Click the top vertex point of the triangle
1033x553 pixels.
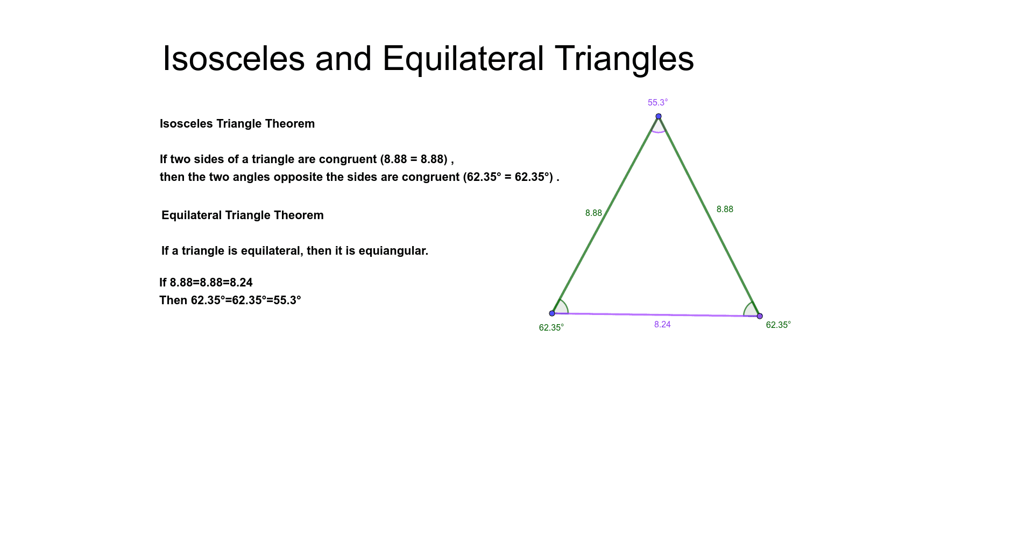click(x=659, y=116)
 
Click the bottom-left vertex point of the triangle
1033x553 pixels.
click(x=552, y=313)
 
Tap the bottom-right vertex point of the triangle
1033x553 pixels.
click(x=760, y=316)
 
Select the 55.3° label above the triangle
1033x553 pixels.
click(x=657, y=102)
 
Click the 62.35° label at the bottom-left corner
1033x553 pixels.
click(x=551, y=327)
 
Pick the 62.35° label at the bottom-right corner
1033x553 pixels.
click(x=778, y=325)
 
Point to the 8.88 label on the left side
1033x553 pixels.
click(x=593, y=213)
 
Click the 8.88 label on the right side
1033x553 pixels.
click(x=725, y=209)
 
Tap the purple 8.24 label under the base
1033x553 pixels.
click(x=662, y=324)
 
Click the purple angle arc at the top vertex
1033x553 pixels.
click(x=659, y=131)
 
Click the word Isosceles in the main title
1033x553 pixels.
click(x=234, y=58)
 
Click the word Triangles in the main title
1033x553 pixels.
click(x=624, y=58)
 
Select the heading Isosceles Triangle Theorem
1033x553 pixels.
click(x=237, y=124)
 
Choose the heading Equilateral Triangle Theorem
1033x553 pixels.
click(x=243, y=215)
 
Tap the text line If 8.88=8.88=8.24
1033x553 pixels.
click(x=206, y=283)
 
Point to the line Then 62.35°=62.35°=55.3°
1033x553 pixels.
click(x=230, y=300)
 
